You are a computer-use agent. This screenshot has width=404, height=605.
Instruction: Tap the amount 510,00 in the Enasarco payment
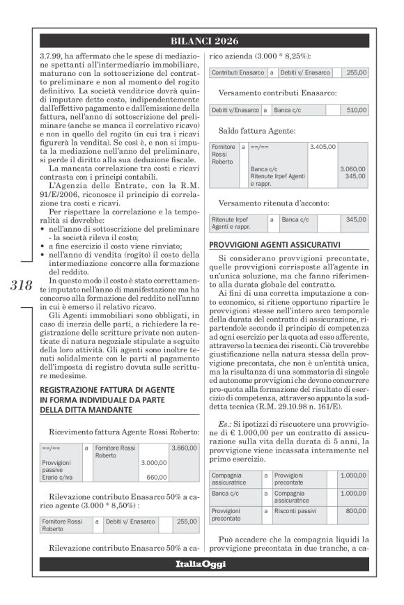point(357,110)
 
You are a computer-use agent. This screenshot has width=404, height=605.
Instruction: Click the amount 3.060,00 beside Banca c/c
point(355,169)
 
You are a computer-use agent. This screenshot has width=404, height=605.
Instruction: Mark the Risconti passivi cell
point(293,511)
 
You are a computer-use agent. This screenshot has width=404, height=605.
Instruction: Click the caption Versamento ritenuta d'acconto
point(272,203)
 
